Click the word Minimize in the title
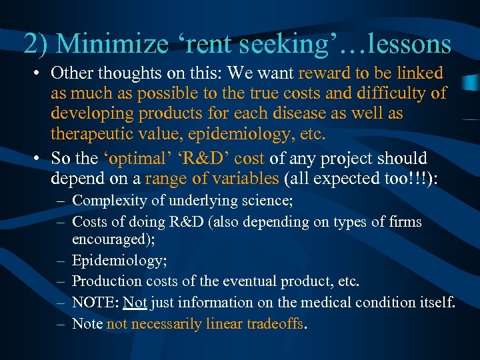coord(110,44)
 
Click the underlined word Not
coord(135,302)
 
